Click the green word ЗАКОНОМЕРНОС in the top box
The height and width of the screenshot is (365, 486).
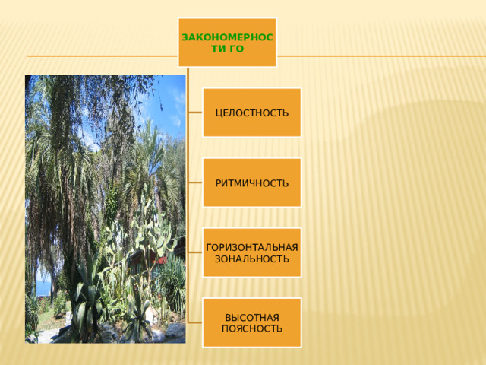point(227,37)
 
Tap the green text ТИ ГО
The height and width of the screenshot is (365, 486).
point(228,49)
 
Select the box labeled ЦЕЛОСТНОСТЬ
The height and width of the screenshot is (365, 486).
point(251,113)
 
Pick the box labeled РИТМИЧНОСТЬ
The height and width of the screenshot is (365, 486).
point(251,182)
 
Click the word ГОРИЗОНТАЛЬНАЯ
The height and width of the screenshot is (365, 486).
point(252,247)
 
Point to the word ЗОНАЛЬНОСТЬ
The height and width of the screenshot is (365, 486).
point(252,259)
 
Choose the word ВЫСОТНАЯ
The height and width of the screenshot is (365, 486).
point(252,318)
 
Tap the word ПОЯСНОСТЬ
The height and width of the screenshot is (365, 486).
point(252,328)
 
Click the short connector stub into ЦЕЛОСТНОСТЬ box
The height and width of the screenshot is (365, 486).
point(195,113)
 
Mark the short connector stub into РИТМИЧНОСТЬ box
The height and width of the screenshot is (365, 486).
point(195,182)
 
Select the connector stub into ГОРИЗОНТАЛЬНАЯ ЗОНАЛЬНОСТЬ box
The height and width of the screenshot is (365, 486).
point(195,252)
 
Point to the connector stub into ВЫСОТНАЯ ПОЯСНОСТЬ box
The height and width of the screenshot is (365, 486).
point(195,322)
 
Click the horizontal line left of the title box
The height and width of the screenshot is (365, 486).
point(103,56)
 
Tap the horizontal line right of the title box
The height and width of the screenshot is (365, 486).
point(381,56)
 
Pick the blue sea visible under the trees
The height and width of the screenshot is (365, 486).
point(43,287)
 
